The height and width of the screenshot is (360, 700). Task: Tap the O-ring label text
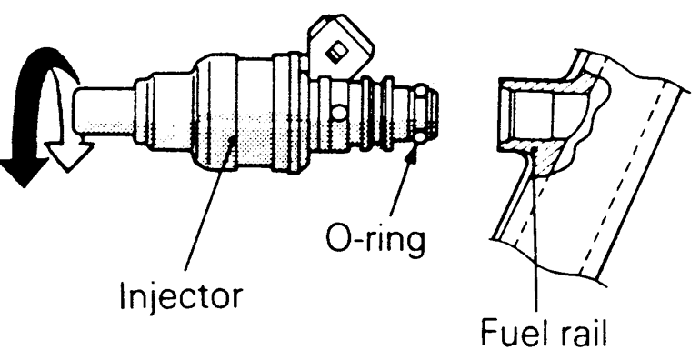coord(375,241)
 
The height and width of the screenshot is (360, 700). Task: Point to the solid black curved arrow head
coord(23,173)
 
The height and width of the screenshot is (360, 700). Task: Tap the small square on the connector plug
coord(335,53)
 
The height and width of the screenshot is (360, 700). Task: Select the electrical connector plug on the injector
coord(340,48)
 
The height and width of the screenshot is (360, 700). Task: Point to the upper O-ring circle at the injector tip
coord(422,92)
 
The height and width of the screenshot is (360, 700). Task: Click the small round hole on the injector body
coord(339,113)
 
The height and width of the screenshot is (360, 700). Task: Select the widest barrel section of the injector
coord(215,113)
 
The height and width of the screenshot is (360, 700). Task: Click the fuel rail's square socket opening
coord(526,118)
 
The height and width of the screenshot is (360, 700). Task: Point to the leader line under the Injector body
coord(208,204)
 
